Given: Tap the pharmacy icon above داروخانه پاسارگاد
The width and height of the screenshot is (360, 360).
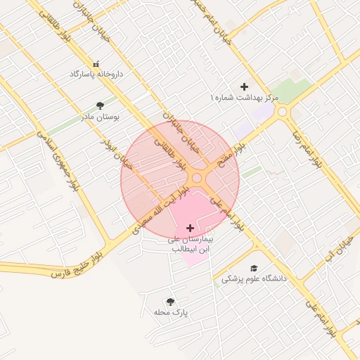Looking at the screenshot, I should click(96, 63).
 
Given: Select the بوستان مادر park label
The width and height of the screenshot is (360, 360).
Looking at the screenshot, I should click(100, 117).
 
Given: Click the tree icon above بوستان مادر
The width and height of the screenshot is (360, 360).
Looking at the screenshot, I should click(100, 105).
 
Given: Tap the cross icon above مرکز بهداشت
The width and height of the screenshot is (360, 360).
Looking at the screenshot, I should click(244, 86).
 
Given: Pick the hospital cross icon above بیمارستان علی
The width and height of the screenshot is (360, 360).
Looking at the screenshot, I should click(191, 228).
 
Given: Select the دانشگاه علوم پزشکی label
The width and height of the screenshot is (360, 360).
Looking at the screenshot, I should click(255, 279).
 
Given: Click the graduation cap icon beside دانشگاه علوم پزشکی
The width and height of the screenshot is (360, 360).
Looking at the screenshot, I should click(253, 268).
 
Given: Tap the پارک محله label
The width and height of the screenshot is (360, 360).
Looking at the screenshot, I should click(172, 312).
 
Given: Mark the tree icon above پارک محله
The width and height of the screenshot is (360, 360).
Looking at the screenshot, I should click(170, 301).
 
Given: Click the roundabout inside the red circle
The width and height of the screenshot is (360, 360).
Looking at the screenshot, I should click(198, 179).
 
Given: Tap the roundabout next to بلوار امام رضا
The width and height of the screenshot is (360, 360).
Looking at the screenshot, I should click(283, 112).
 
